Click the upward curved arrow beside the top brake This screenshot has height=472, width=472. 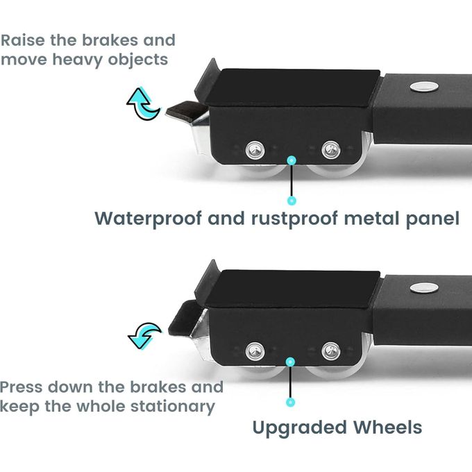pos(143,104)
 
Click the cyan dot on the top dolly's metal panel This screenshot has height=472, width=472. pos(292,160)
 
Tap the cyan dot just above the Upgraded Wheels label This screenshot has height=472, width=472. pos(291,402)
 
